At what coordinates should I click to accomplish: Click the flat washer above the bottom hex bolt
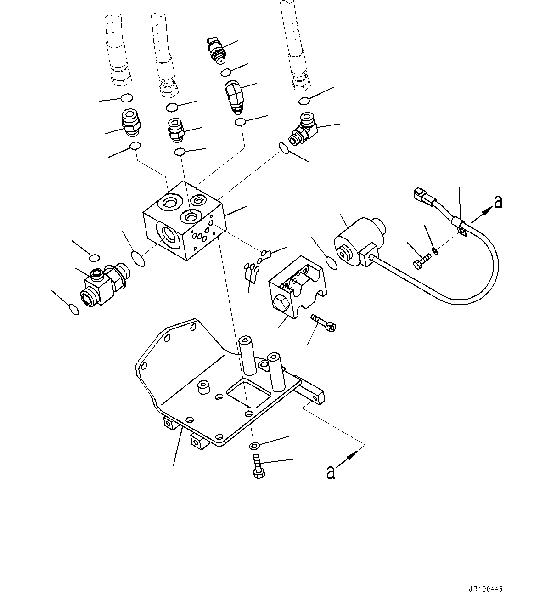(x=254, y=445)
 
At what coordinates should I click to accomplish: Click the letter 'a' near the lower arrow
(x=330, y=472)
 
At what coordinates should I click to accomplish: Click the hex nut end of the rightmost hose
(x=300, y=82)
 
